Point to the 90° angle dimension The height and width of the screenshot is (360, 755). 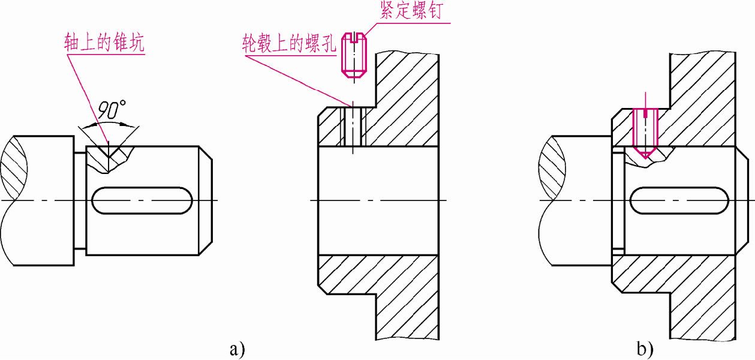pos(110,110)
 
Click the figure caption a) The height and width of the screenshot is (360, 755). pos(237,349)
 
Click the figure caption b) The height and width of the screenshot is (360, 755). pos(645,349)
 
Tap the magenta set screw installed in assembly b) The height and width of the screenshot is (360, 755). pos(645,132)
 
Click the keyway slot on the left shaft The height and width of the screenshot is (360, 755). pos(143,200)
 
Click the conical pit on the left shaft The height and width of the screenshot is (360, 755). pos(108,157)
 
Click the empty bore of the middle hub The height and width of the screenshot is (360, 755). pos(378,200)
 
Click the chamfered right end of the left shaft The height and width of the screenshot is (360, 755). pos(205,200)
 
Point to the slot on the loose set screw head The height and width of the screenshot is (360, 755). pos(354,38)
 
